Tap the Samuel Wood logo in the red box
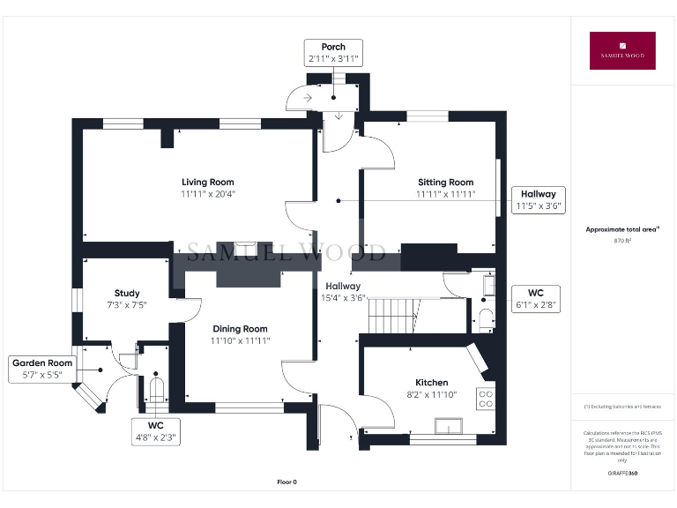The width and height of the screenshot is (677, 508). (x=622, y=50)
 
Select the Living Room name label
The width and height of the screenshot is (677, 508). (x=208, y=183)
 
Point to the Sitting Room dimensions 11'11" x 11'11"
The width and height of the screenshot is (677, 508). (x=446, y=194)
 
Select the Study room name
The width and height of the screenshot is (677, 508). (x=127, y=294)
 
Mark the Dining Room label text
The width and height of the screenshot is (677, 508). (x=239, y=329)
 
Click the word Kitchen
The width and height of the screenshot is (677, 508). (x=432, y=383)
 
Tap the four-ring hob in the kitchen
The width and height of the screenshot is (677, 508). (x=486, y=398)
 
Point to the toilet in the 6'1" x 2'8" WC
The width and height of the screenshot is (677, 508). (x=484, y=317)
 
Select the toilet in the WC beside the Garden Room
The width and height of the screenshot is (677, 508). (x=158, y=389)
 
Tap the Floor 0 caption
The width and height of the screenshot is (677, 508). (x=287, y=482)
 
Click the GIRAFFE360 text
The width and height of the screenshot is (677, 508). (x=622, y=474)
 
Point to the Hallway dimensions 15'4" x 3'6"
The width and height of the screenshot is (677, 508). (x=342, y=298)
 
